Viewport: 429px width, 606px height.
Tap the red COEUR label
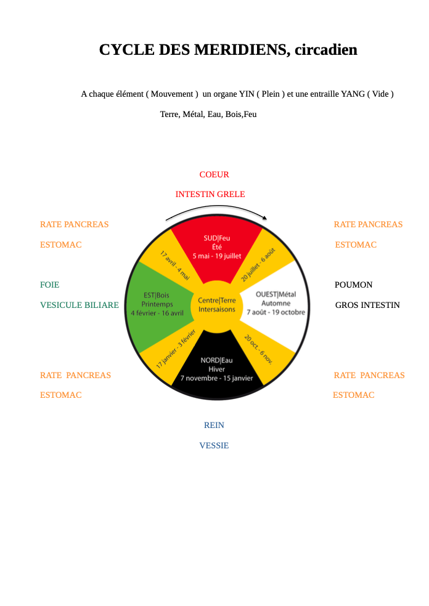point(214,175)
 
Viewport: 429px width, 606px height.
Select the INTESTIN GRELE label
point(210,195)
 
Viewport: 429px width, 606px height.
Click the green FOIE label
point(50,285)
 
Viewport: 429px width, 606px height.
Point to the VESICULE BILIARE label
point(80,305)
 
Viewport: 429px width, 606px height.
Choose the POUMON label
point(353,285)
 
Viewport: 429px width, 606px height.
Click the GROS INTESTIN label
point(367,305)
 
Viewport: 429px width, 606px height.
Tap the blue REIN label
point(214,426)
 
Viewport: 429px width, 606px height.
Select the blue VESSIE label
point(214,446)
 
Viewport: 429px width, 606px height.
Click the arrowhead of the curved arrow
point(264,217)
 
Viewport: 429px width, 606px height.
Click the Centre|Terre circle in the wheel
point(217,304)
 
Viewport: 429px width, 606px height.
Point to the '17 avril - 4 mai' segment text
point(175,265)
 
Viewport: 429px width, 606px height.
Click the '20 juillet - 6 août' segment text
point(258,265)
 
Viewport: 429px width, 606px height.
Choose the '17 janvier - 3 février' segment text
point(175,349)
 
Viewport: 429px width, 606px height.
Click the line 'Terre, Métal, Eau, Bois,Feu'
point(208,115)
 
